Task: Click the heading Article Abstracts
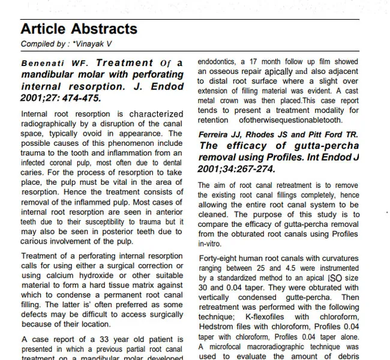pyautogui.click(x=79, y=29)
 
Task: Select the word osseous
pyautogui.click(x=227, y=71)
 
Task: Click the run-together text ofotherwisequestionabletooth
pyautogui.click(x=295, y=119)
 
